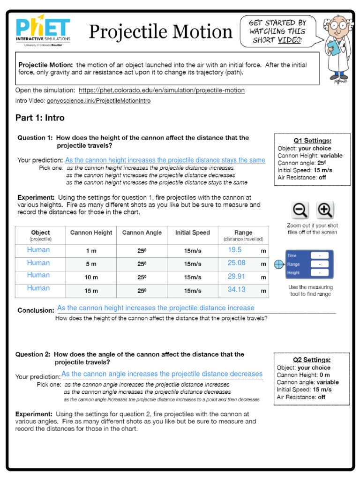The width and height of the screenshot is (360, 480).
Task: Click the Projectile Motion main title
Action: tap(160, 32)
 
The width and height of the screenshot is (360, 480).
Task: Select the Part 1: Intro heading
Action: tap(40, 118)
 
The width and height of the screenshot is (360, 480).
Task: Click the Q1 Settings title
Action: tap(312, 141)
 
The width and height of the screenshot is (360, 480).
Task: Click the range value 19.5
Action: tap(235, 250)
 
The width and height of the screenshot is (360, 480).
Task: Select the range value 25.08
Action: tap(237, 263)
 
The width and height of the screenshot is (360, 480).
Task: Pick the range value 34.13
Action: tap(237, 290)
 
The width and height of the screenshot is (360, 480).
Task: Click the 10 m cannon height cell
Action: tap(91, 277)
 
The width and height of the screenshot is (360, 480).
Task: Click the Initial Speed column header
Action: tap(193, 232)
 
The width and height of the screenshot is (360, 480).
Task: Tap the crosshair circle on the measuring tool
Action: tap(279, 264)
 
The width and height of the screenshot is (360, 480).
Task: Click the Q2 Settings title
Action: tap(312, 360)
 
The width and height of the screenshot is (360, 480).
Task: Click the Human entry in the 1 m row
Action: tap(38, 250)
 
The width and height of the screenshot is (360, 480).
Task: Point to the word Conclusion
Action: tap(36, 310)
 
